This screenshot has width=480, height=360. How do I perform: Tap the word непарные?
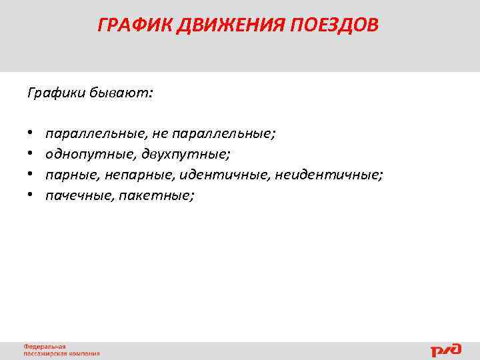pos(137,175)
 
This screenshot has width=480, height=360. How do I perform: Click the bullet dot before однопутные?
pos(31,155)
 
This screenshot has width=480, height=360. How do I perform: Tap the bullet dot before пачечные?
pos(31,196)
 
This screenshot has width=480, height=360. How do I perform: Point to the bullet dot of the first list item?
pos(31,134)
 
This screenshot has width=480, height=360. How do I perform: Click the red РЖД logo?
pos(446,349)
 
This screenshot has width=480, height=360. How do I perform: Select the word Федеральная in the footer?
pos(45,347)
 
